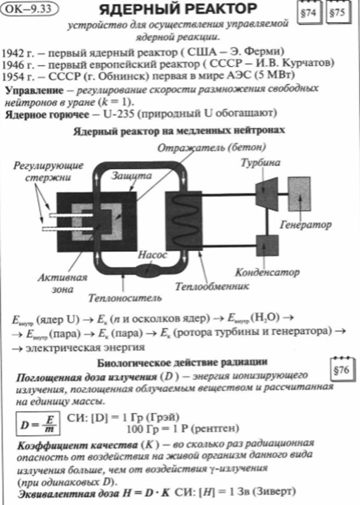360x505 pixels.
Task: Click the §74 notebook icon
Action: tap(309, 13)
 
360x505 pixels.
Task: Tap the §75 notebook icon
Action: tap(338, 13)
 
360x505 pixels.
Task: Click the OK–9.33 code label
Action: tap(29, 9)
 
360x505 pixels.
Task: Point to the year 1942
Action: tap(13, 52)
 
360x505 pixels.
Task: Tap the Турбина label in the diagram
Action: tap(260, 163)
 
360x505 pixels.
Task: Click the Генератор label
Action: tap(305, 225)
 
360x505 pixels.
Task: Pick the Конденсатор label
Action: tap(267, 273)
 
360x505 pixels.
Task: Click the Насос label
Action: tap(152, 255)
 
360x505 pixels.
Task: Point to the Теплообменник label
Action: tap(212, 286)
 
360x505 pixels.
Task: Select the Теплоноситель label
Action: tap(125, 297)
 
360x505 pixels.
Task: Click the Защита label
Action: tap(131, 176)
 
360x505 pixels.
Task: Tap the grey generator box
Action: tap(299, 193)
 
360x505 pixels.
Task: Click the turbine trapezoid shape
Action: tap(267, 194)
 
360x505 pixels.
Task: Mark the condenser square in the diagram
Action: tap(267, 246)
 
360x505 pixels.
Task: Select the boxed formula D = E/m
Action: tap(38, 423)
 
